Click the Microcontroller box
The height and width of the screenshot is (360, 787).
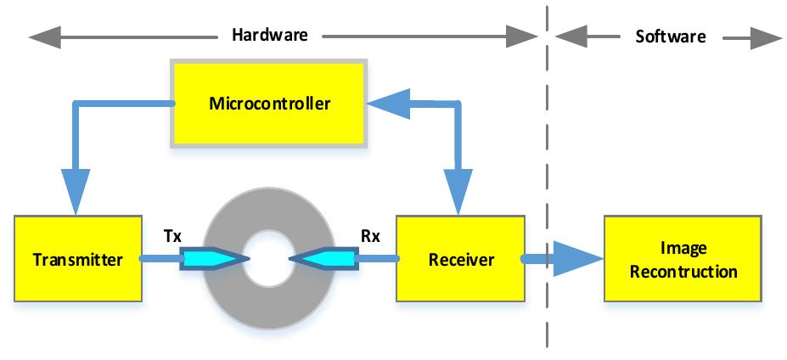click(269, 104)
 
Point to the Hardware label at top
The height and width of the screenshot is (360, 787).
click(270, 36)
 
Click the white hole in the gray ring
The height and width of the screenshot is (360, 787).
click(268, 258)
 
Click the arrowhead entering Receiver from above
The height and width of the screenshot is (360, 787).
click(459, 196)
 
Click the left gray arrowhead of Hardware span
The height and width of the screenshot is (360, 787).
click(42, 37)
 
